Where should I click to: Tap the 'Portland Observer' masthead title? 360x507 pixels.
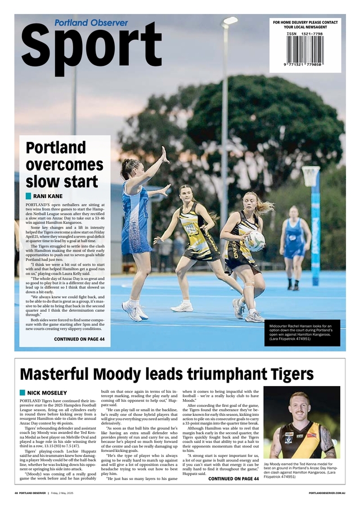(x=91, y=23)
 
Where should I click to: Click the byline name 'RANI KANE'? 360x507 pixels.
(x=48, y=196)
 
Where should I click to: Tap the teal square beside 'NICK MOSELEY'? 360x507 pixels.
(x=22, y=392)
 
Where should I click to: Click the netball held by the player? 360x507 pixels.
(x=254, y=240)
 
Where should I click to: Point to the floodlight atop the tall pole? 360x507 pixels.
(x=229, y=21)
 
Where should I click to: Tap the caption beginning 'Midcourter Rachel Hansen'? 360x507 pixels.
(x=304, y=333)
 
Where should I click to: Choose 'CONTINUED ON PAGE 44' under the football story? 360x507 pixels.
(x=233, y=479)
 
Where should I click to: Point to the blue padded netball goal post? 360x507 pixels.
(x=314, y=225)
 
